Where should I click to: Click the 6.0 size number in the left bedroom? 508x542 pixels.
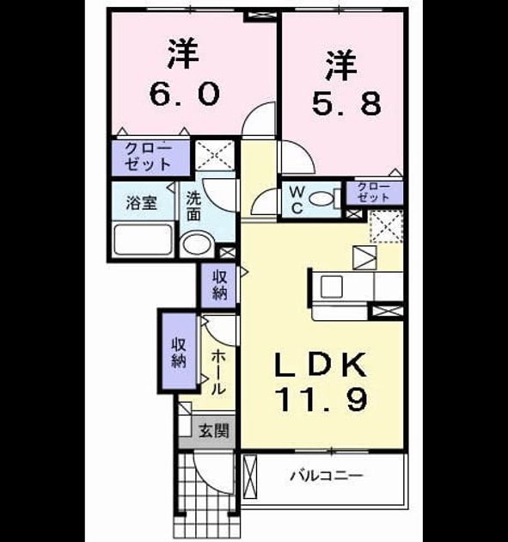185,94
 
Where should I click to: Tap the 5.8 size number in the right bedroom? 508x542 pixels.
346,103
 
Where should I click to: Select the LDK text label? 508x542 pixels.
320,365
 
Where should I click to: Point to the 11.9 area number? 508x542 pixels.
321,399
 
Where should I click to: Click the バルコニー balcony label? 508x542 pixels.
327,476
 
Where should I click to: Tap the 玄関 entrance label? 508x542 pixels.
214,431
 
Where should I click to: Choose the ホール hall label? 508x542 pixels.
218,372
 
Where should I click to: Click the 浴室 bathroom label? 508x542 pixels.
142,202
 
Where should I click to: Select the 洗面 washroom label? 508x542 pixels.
193,206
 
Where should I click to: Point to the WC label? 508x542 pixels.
297,200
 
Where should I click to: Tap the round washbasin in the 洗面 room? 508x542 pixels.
198,243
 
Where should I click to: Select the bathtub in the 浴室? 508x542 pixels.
144,239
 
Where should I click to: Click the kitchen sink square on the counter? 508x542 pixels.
332,286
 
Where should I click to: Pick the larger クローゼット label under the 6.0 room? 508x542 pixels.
149,157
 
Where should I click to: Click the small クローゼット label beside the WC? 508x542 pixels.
374,192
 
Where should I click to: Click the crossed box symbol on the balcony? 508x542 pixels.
250,477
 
